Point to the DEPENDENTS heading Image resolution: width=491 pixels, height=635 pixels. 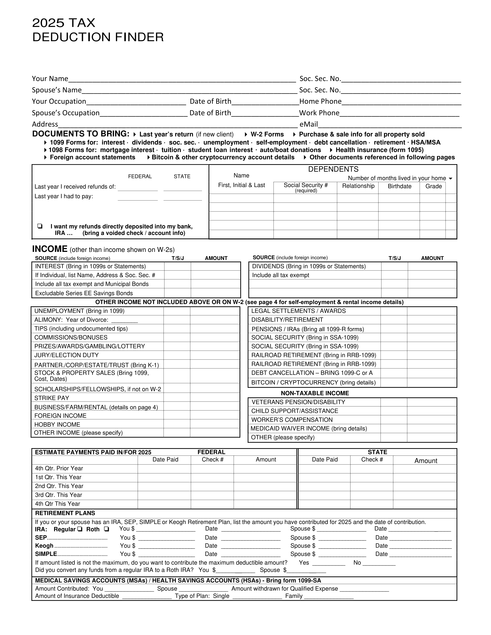click(x=333, y=169)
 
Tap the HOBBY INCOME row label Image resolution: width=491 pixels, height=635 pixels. click(x=57, y=424)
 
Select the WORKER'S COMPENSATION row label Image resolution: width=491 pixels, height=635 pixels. click(x=292, y=419)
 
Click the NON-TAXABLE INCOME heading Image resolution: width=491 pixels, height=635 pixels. click(x=315, y=393)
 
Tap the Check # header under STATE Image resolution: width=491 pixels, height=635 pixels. click(x=372, y=459)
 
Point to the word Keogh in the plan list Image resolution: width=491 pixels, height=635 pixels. click(x=44, y=546)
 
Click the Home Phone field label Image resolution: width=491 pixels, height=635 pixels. click(x=320, y=101)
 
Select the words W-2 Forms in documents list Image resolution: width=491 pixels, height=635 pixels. click(x=267, y=134)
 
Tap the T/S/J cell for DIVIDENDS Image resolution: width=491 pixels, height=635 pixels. click(x=394, y=266)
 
